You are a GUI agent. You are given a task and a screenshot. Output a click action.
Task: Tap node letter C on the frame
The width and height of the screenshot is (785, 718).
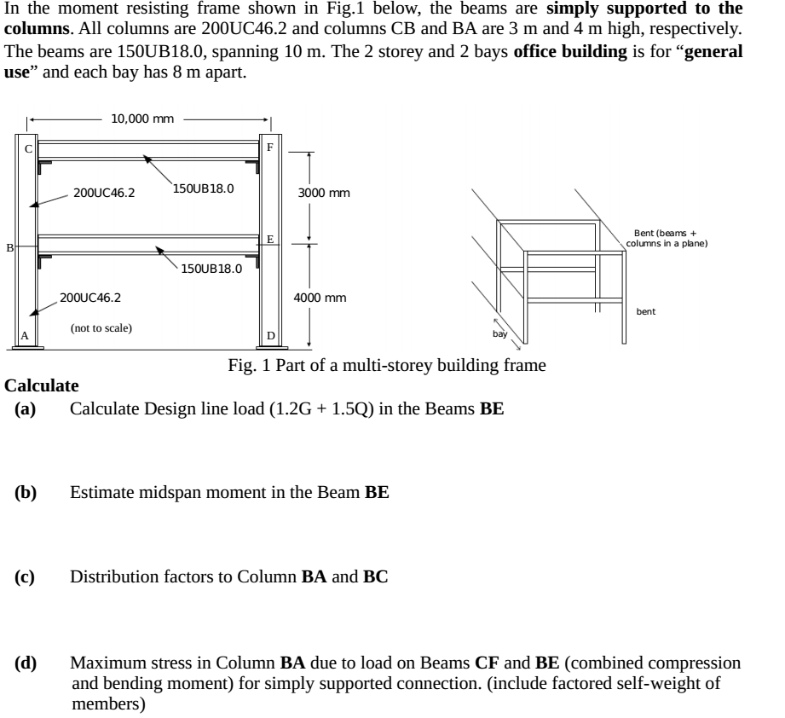[x=27, y=149]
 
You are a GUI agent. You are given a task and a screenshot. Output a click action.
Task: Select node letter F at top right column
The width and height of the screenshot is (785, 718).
[x=270, y=147]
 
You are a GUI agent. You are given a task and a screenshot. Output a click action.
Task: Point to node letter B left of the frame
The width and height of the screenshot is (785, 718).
[x=10, y=247]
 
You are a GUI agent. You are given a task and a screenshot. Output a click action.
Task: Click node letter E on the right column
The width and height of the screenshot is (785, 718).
[x=269, y=240]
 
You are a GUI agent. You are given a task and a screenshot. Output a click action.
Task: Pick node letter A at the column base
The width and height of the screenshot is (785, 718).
[x=26, y=336]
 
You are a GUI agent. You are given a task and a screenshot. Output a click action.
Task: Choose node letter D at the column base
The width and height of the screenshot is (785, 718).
[x=270, y=336]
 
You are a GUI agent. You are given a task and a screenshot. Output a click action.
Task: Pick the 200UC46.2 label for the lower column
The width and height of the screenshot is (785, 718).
[x=90, y=298]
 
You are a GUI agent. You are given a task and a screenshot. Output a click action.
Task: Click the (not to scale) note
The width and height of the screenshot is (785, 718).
[x=101, y=327]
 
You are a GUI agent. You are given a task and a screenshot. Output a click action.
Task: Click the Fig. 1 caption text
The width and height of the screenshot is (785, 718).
[x=387, y=366]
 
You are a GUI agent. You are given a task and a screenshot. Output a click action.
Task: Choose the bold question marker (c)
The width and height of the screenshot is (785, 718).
[x=25, y=577]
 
